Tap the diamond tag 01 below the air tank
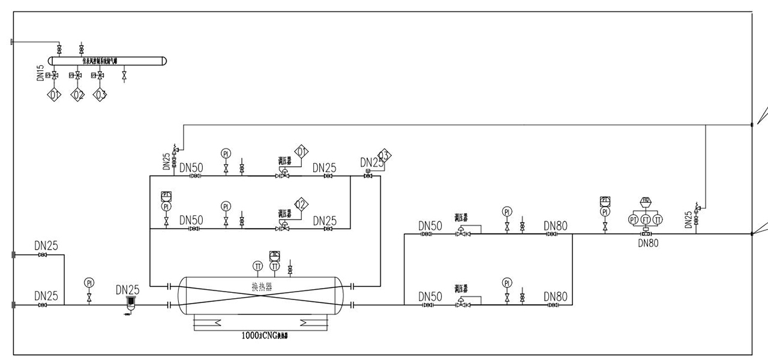55,94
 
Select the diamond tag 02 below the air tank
78,94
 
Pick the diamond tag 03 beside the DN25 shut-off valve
384,156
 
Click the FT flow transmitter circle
646,220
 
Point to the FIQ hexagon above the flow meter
646,200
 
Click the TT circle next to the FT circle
658,220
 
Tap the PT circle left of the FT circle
634,220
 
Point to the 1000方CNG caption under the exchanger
262,336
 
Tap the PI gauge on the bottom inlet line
89,283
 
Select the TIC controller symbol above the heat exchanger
275,255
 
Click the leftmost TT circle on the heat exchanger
257,266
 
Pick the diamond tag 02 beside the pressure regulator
301,205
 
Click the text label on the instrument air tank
108,61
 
